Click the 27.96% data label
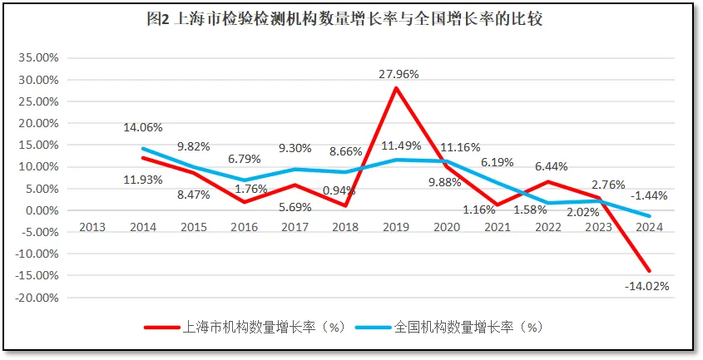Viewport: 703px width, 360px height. [x=399, y=74]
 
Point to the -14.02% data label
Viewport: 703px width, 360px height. [x=646, y=285]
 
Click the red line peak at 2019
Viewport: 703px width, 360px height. [x=396, y=88]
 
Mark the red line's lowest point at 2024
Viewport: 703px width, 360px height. [x=649, y=271]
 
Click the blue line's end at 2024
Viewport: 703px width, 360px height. [x=649, y=216]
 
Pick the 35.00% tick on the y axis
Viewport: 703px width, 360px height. [x=37, y=58]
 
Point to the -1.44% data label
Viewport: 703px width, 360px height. [x=648, y=195]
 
